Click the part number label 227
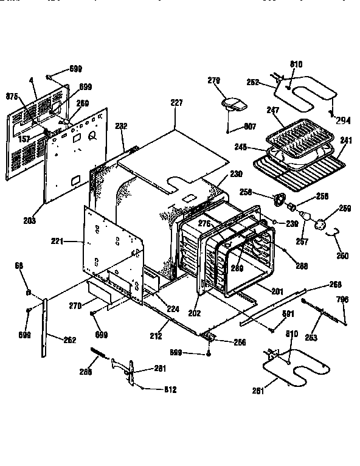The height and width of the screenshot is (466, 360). (x=176, y=103)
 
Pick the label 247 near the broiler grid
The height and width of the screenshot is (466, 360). (x=273, y=111)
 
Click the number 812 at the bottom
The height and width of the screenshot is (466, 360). (x=171, y=389)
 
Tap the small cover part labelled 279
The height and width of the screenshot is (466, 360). (x=232, y=105)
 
